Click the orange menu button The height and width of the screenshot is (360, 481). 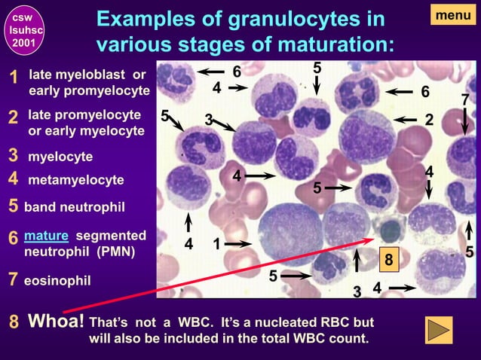454,14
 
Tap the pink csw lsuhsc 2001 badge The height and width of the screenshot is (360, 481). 21,29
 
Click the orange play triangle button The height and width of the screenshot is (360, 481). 440,331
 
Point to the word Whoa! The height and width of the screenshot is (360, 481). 56,322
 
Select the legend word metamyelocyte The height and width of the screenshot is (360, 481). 75,181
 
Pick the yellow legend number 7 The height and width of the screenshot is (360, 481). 12,280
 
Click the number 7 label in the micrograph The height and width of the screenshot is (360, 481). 465,100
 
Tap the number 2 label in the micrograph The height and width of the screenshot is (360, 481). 429,120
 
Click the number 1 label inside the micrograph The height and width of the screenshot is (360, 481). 216,244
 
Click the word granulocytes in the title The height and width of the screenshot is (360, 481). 280,19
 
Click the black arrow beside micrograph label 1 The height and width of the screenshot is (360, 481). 238,244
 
